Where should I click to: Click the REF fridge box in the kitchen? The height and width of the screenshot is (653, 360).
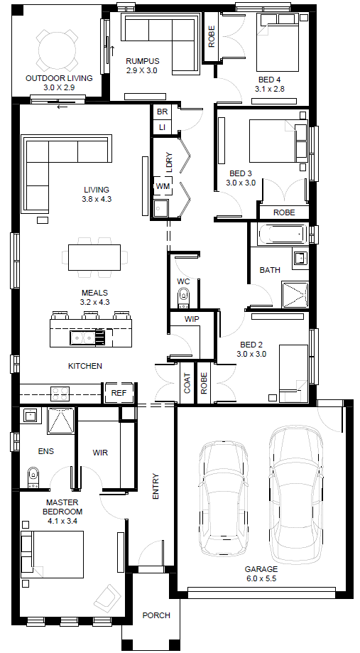click(x=119, y=393)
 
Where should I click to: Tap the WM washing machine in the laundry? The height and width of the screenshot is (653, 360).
click(x=162, y=186)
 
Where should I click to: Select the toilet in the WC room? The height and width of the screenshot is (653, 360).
click(x=183, y=297)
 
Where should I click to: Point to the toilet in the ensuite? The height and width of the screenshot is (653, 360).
click(x=33, y=477)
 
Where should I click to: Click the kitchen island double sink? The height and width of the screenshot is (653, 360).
click(x=82, y=338)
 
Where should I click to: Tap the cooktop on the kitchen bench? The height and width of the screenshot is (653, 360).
click(x=60, y=394)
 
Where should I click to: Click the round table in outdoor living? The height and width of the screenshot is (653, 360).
click(x=57, y=50)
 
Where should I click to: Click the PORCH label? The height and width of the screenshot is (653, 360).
click(x=156, y=615)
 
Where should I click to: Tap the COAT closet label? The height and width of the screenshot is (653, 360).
click(x=187, y=383)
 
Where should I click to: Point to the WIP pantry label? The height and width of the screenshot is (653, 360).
click(x=192, y=320)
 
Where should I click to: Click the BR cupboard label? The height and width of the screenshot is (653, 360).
click(x=162, y=112)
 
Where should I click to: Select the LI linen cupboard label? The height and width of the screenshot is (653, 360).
click(x=162, y=127)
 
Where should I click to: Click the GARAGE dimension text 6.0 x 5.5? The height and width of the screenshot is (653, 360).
click(x=261, y=578)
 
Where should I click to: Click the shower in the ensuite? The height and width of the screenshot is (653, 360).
click(x=60, y=421)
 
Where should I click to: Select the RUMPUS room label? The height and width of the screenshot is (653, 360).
click(x=142, y=61)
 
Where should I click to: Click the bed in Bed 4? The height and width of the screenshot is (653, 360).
click(x=278, y=43)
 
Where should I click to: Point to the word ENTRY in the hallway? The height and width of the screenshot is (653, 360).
click(x=156, y=487)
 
